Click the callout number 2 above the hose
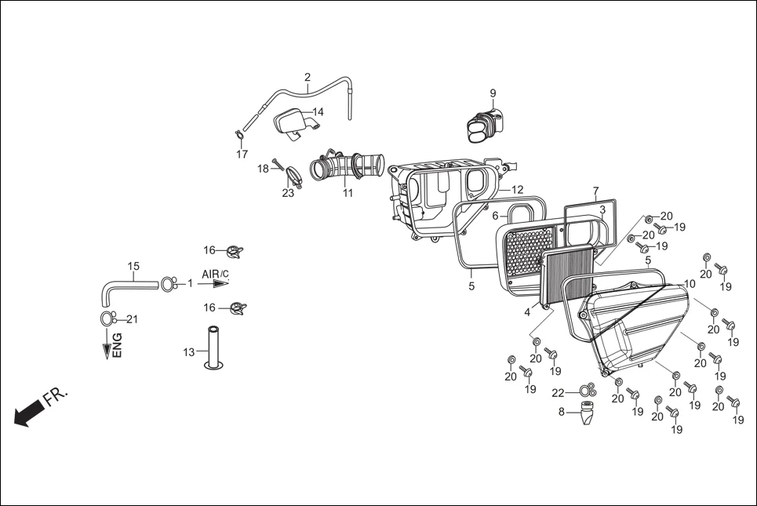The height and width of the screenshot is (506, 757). tap(308, 77)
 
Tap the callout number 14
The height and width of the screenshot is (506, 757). tap(318, 111)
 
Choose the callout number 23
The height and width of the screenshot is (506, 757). tap(289, 193)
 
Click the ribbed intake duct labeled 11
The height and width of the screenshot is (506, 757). tap(347, 166)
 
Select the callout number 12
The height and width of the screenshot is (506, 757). tap(517, 190)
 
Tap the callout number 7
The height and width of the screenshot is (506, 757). tap(595, 191)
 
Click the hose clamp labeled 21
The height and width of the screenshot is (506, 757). tap(107, 318)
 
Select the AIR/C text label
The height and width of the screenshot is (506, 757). tap(215, 274)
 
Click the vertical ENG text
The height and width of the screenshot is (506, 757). tap(117, 346)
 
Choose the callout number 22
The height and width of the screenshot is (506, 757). tap(558, 392)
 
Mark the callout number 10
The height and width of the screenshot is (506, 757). tap(689, 283)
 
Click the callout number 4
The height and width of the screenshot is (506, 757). tap(527, 312)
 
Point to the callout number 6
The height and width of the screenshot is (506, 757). tap(495, 216)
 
